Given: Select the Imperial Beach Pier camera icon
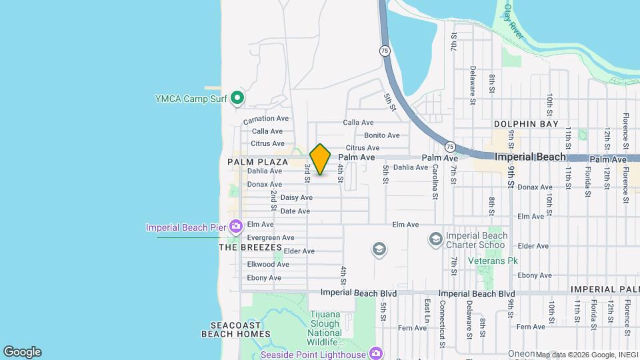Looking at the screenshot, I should (x=235, y=227).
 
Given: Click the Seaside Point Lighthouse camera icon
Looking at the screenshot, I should (x=376, y=354).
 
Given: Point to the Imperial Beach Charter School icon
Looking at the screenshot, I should (x=435, y=239).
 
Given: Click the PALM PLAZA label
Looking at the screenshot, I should (x=257, y=162).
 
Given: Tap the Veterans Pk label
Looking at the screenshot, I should (x=493, y=261).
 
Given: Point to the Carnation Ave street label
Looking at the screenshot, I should (x=266, y=119).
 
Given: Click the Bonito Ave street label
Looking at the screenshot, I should (x=381, y=135).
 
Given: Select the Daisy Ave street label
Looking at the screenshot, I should (x=296, y=197).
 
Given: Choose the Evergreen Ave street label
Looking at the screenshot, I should (x=271, y=237).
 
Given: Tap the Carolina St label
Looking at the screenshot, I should (x=435, y=182).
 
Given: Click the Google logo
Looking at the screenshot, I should (x=22, y=352).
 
